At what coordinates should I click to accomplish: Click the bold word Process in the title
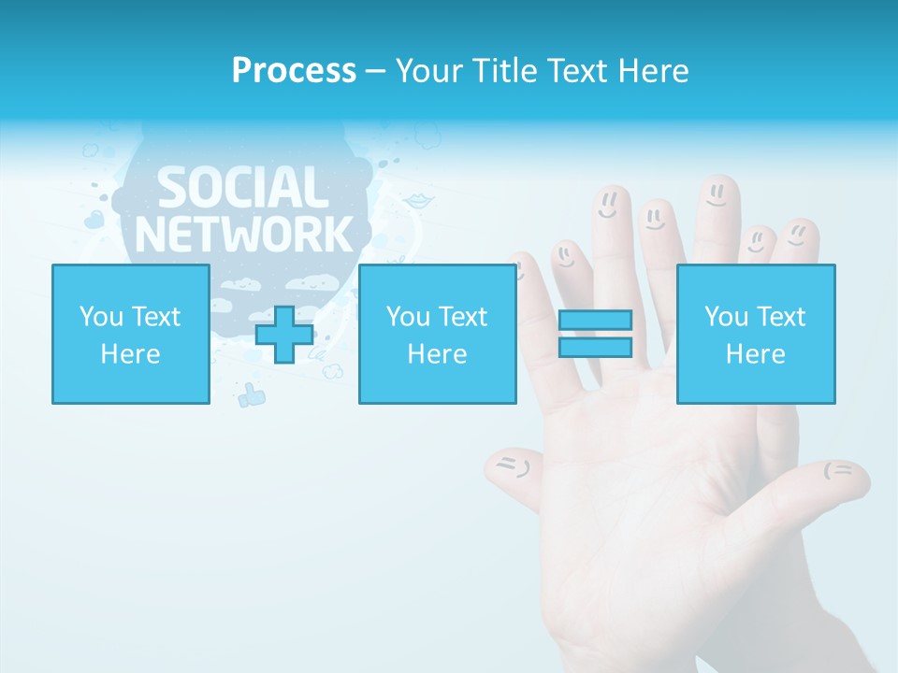tap(294, 70)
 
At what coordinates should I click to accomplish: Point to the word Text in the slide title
tap(580, 70)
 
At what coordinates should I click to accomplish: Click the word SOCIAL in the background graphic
tap(242, 188)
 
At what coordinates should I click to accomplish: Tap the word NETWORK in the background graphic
tap(244, 233)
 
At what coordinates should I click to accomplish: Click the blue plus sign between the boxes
tap(284, 334)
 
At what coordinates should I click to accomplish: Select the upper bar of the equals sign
tap(595, 320)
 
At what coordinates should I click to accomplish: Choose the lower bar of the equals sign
tap(595, 348)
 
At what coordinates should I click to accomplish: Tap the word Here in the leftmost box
tap(130, 354)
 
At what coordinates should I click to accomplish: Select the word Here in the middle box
tap(437, 354)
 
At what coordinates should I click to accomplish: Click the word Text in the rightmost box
tap(781, 317)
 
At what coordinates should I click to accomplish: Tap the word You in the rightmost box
tap(726, 317)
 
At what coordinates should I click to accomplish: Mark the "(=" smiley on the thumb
tap(838, 470)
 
